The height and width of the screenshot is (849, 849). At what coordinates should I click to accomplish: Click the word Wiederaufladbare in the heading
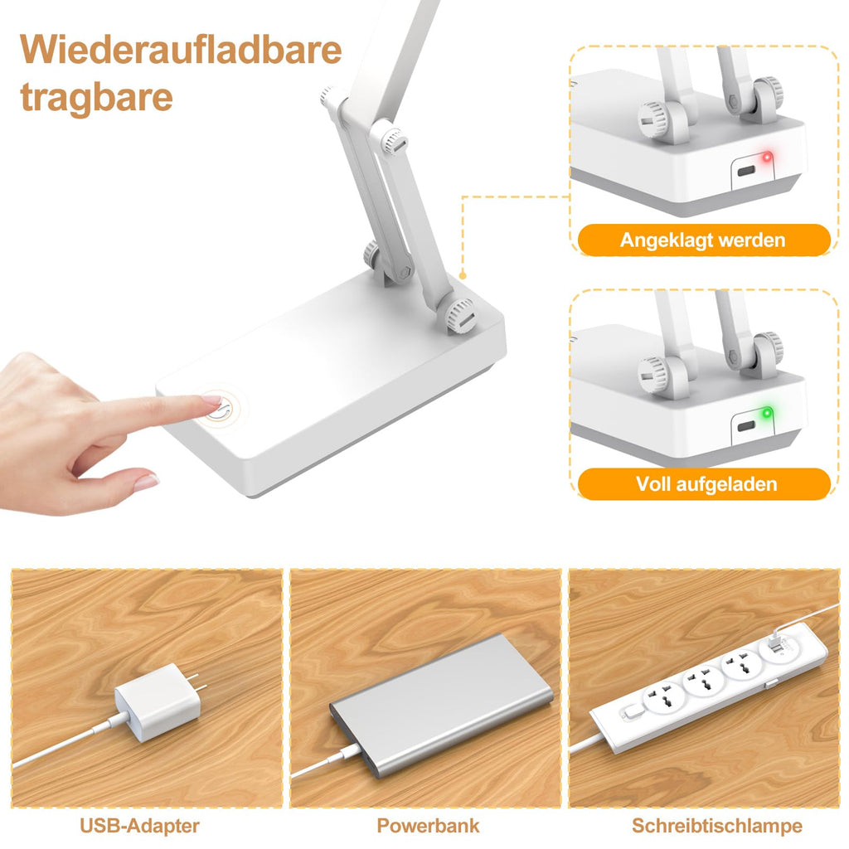(181, 49)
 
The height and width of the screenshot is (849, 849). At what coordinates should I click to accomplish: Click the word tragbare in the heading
(96, 98)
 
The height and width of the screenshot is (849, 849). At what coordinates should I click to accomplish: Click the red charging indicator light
(767, 158)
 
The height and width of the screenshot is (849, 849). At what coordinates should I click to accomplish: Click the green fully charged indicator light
(767, 413)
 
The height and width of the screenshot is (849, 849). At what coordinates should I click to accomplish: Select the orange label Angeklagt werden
(704, 240)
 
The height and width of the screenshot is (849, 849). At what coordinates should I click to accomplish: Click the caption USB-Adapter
(139, 826)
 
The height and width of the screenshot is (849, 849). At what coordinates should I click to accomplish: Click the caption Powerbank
(429, 826)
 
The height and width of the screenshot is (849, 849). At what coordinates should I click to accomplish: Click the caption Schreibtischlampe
(717, 826)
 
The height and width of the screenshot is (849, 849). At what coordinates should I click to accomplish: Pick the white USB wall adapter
(157, 701)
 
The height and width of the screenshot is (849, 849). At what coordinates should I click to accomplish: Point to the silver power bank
(441, 705)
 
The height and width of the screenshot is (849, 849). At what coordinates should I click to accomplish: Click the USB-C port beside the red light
(746, 172)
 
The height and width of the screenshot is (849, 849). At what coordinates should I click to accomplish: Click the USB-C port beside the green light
(746, 426)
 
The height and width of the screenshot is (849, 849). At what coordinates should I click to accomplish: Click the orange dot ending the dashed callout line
(463, 275)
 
